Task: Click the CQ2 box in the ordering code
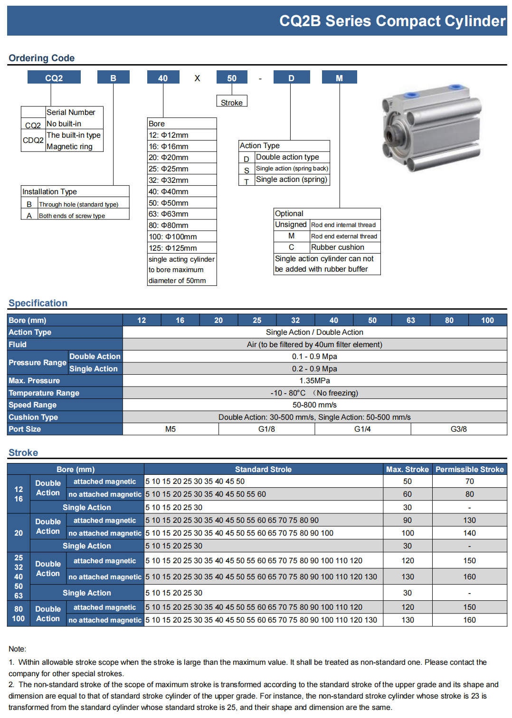54,77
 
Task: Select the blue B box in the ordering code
113,77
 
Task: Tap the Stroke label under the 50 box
232,102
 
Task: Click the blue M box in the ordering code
339,77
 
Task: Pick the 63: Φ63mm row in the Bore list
182,214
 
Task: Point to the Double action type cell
292,157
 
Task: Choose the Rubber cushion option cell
345,247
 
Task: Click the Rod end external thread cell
345,236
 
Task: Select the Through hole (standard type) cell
83,204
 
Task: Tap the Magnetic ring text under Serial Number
70,147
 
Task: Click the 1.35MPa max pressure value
314,381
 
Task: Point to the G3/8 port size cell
458,429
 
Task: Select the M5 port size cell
171,429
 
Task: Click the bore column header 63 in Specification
411,321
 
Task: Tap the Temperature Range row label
44,393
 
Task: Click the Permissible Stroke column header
469,469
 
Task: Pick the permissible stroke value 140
469,533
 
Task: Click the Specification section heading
38,303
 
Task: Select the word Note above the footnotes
17,649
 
